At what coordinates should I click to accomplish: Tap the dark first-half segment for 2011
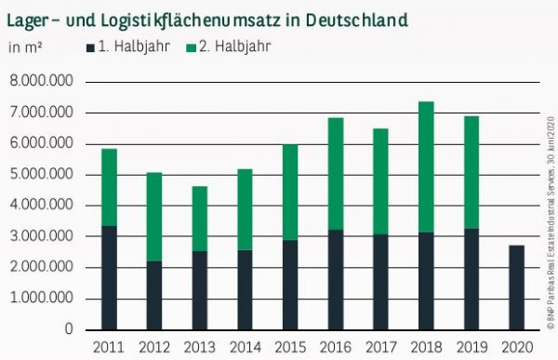109,277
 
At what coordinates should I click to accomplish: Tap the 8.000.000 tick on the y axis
42,82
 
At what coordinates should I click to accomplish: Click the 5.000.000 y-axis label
42,175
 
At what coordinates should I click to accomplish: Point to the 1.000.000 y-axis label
42,299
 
